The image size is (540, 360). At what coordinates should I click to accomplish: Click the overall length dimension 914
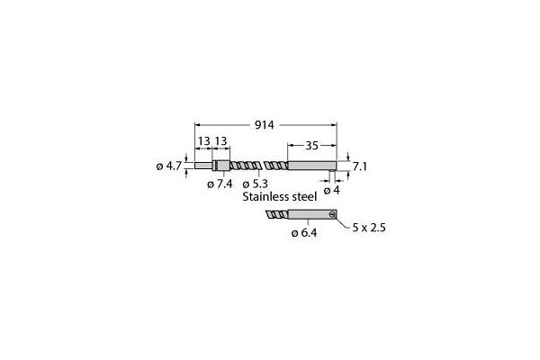tap(265, 126)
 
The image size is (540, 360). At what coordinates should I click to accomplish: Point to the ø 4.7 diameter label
tap(169, 166)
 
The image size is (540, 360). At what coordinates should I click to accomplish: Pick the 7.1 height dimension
tap(359, 166)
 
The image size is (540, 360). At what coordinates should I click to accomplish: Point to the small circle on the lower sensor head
tap(331, 214)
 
